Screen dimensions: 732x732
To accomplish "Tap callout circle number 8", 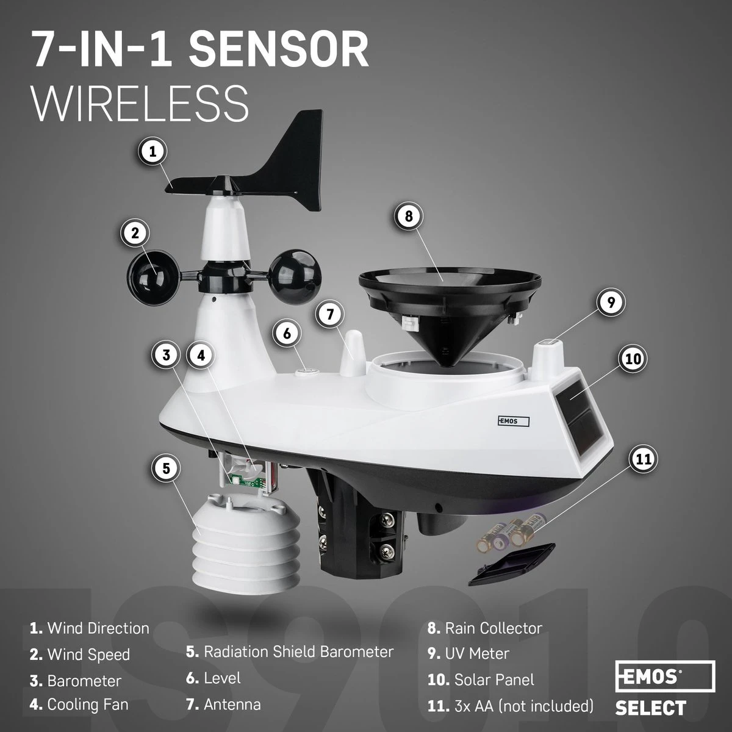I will click(x=409, y=216).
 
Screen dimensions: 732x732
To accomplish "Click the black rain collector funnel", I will click(x=450, y=299).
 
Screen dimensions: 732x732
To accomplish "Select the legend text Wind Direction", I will click(x=98, y=628).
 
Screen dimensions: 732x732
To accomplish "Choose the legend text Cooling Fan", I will click(x=88, y=705).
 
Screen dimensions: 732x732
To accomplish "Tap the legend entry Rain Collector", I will click(x=493, y=628).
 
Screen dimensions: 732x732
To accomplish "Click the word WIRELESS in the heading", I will click(x=140, y=104).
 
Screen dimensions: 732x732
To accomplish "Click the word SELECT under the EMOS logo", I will click(x=650, y=708).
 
